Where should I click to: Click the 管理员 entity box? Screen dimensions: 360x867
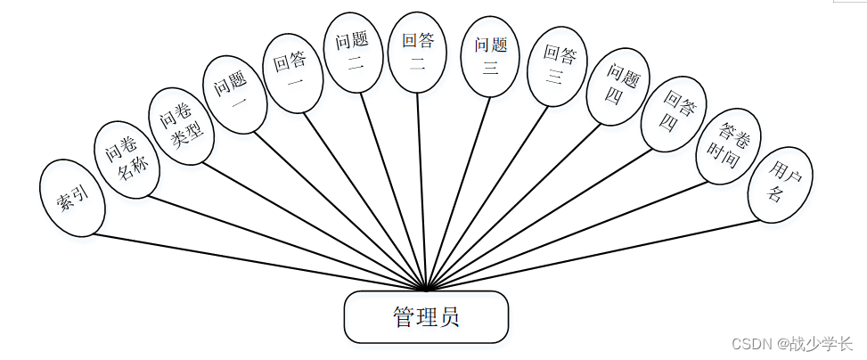point(426,316)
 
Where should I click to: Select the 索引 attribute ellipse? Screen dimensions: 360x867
point(73,198)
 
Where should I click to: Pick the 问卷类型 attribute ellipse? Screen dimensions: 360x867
point(182,126)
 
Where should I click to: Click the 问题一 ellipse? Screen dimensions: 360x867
point(233,94)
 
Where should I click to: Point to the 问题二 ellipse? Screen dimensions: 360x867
point(352,53)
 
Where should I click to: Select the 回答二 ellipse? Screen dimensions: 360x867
point(417,52)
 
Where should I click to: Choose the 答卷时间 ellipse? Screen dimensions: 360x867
point(728,146)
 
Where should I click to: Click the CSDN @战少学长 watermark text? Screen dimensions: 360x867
point(791,343)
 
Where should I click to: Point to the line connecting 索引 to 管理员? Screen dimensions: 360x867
point(258,262)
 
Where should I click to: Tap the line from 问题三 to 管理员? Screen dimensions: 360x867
point(459,191)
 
